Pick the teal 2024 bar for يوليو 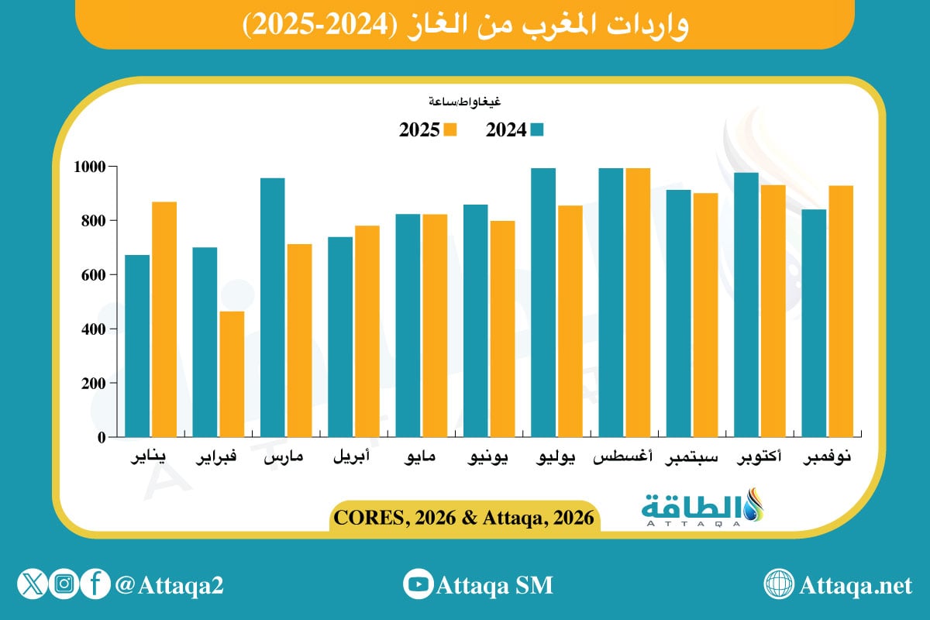[543, 302]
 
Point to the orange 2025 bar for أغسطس [638, 302]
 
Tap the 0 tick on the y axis [101, 438]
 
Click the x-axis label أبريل [352, 458]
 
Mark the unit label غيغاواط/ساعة [465, 102]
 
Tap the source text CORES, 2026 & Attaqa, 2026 [465, 517]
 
